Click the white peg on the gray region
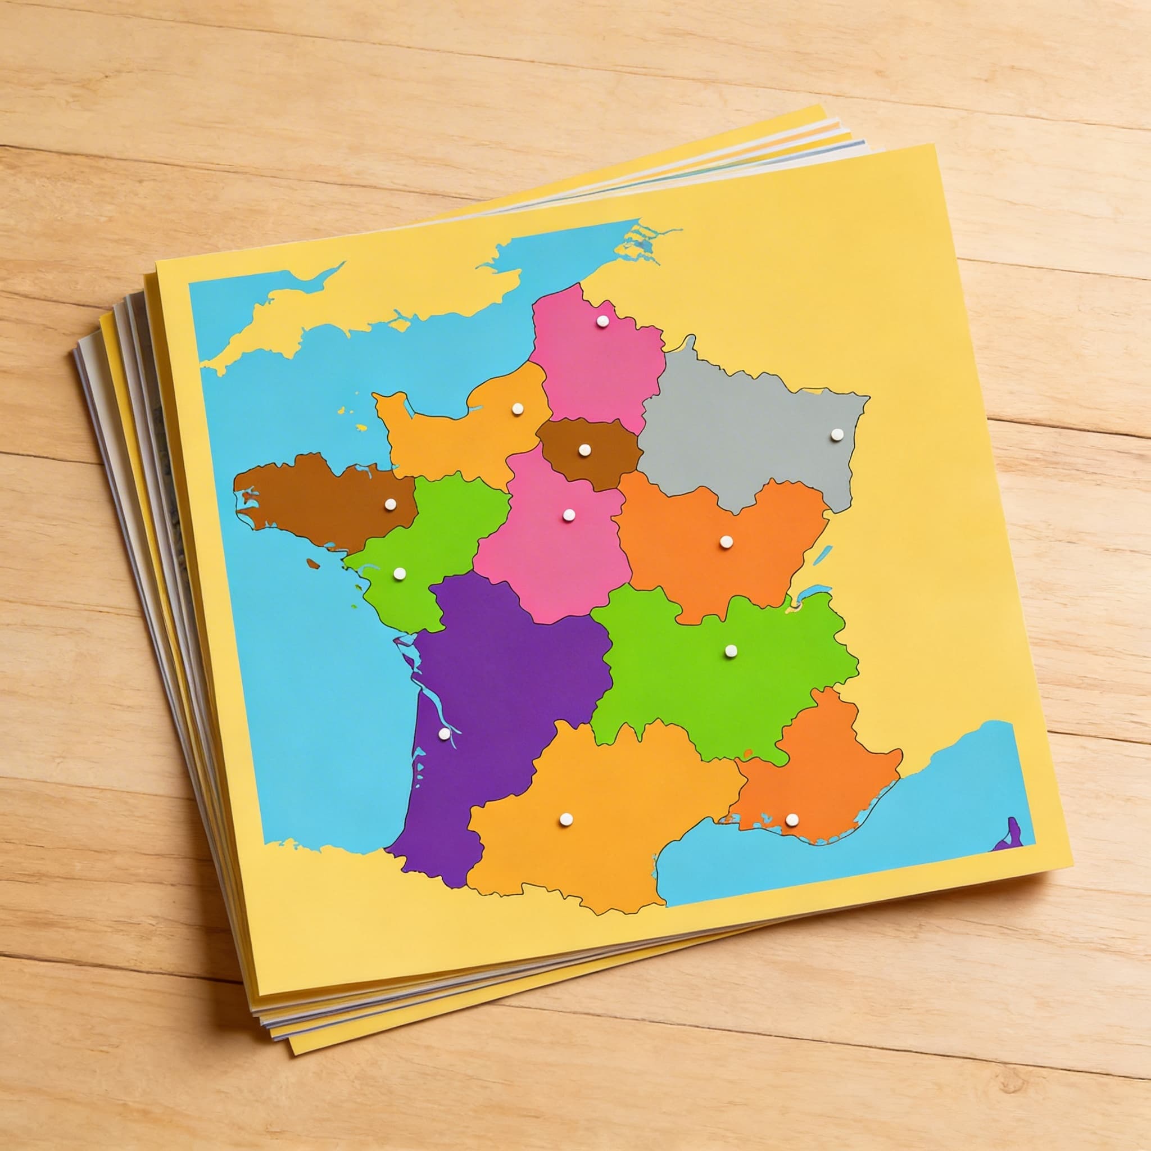pos(837,434)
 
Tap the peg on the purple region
pos(444,735)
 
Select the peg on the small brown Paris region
pos(584,449)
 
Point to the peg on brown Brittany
pos(390,504)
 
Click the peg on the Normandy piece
pos(517,409)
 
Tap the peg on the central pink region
pos(568,514)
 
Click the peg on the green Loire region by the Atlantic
pos(398,574)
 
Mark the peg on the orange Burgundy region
pos(726,542)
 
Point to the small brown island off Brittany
pos(312,563)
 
